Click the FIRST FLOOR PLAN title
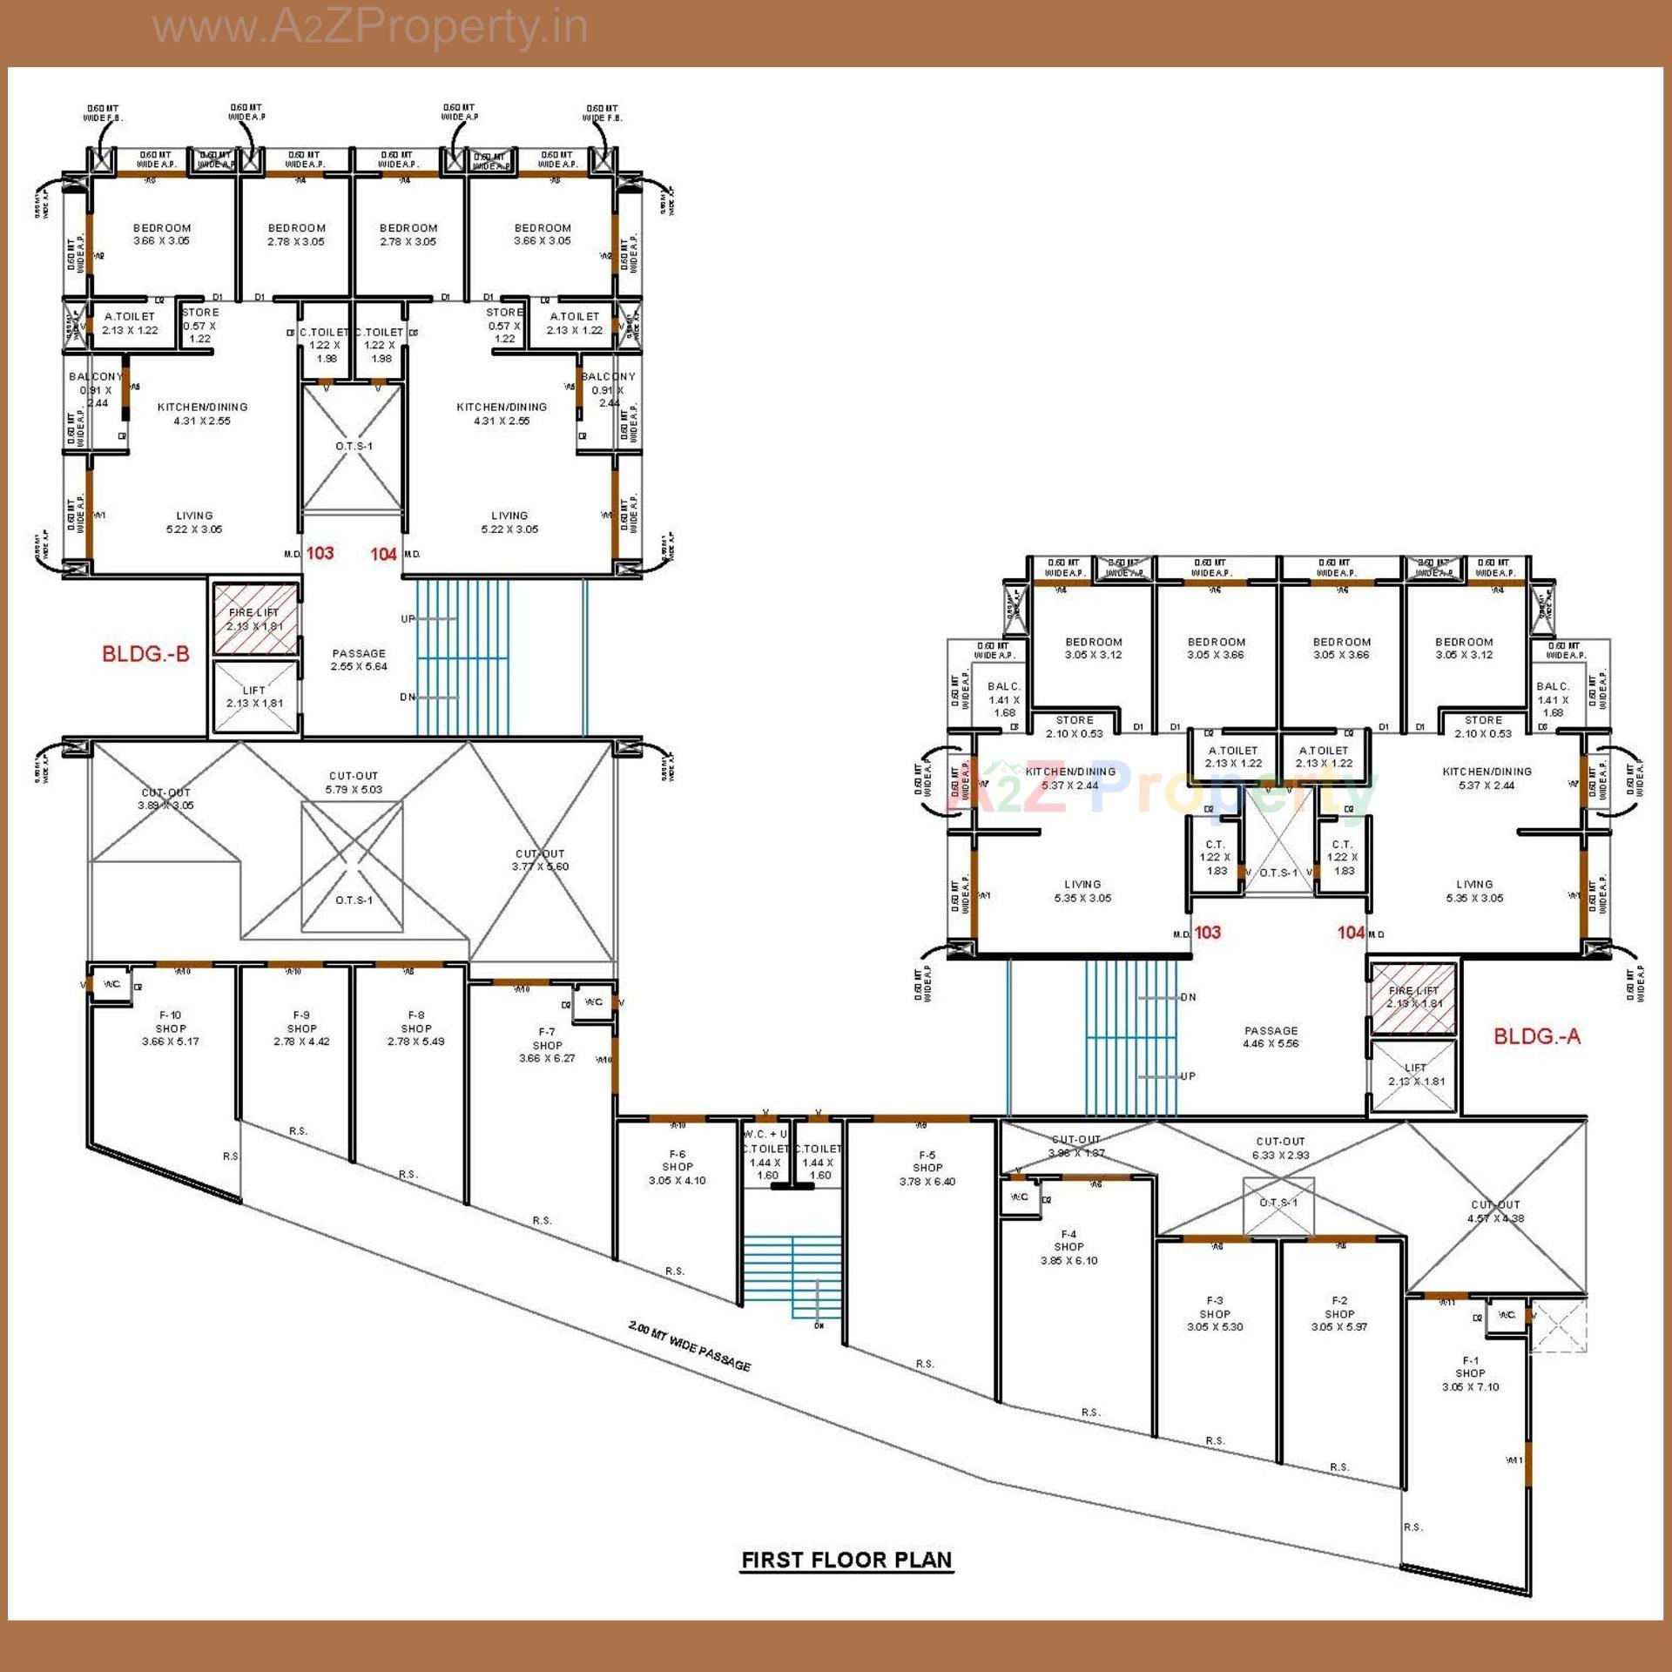(x=846, y=1560)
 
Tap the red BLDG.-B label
(x=145, y=654)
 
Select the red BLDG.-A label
(x=1536, y=1036)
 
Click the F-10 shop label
(x=171, y=1028)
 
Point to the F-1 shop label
(x=1470, y=1373)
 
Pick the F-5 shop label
(x=927, y=1168)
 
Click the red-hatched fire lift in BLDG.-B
(x=254, y=618)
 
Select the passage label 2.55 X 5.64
(x=359, y=660)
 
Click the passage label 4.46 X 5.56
(x=1271, y=1037)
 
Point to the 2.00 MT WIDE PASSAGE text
(x=690, y=1345)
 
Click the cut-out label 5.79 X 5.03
(x=354, y=783)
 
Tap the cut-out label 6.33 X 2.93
(x=1280, y=1148)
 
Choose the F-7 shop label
(x=547, y=1045)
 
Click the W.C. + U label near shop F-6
(x=765, y=1134)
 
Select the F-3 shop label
(x=1215, y=1313)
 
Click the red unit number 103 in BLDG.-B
(x=320, y=553)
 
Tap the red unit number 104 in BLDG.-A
(x=1351, y=933)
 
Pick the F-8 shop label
(x=416, y=1028)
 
